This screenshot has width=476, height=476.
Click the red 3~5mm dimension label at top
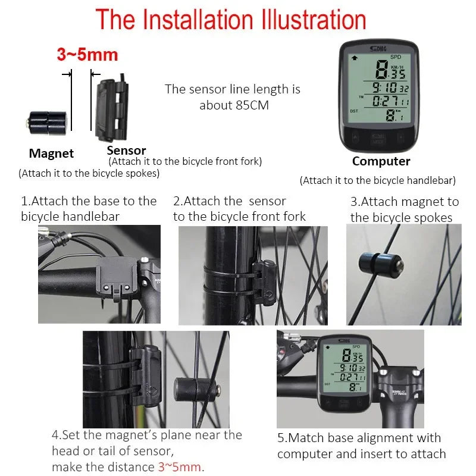point(87,55)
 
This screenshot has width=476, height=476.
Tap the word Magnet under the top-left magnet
point(51,154)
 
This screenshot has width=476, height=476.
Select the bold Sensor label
point(126,151)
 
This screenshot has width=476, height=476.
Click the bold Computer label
point(381,161)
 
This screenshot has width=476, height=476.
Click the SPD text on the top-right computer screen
point(396,57)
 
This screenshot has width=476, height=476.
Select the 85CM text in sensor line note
point(252,105)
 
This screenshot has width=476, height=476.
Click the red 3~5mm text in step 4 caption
point(180,466)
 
